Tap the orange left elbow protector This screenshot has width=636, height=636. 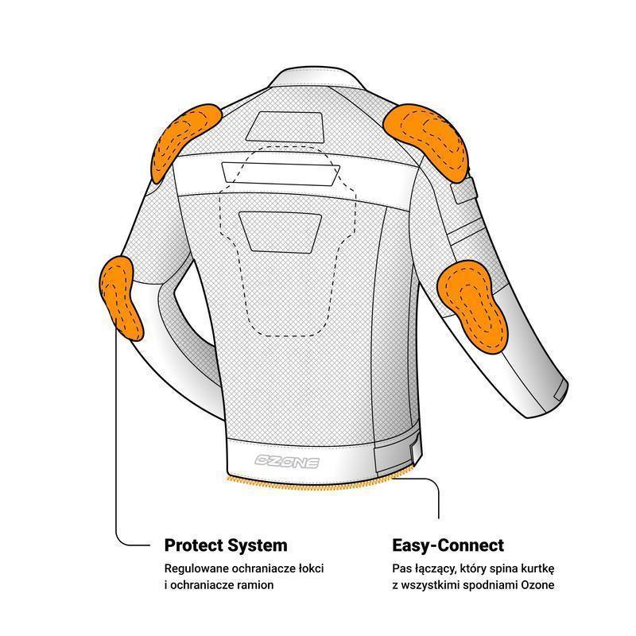[x=121, y=297]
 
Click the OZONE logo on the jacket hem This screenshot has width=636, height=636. [x=287, y=461]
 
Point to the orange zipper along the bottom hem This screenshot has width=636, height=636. [x=320, y=481]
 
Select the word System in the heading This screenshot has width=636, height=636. [x=257, y=546]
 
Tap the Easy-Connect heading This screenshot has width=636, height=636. [x=448, y=546]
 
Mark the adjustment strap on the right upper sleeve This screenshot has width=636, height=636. [x=464, y=189]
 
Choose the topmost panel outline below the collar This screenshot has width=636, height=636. [x=285, y=127]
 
